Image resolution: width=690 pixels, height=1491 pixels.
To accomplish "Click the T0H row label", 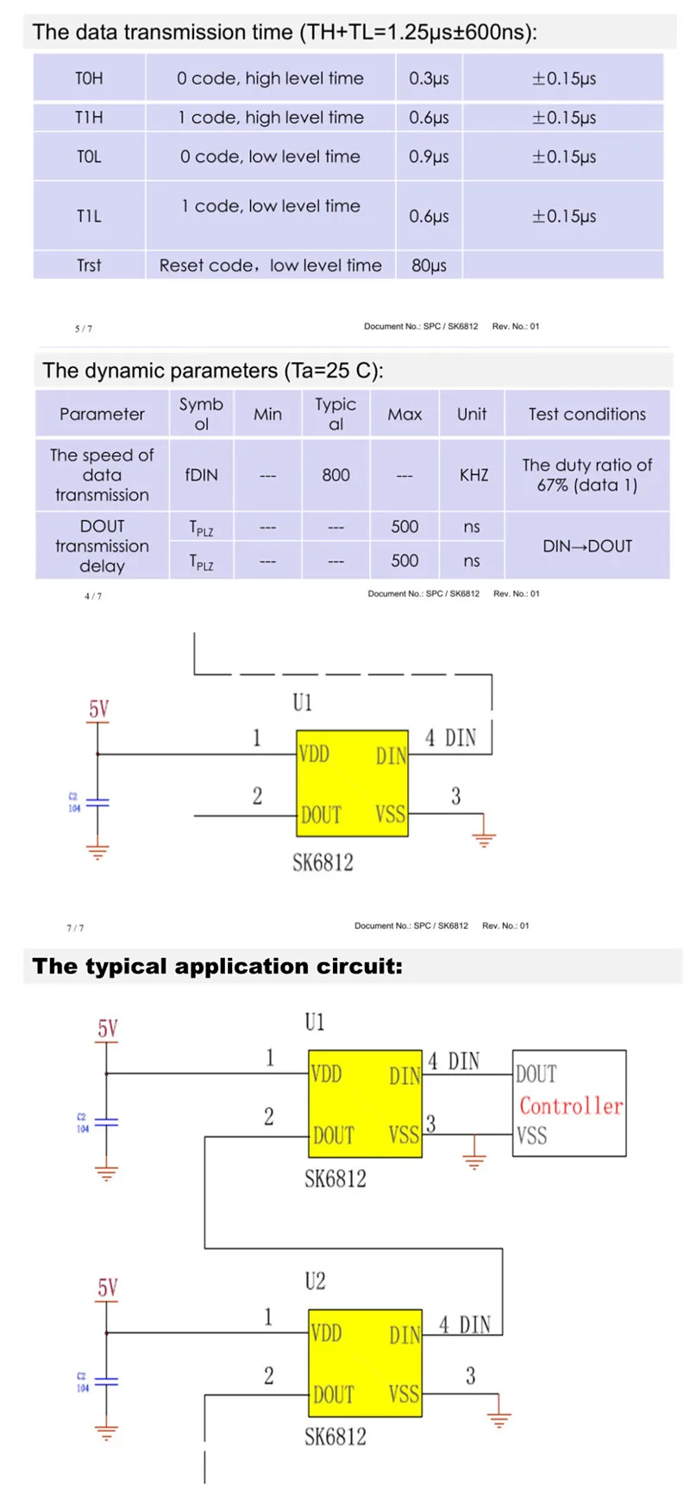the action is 89,78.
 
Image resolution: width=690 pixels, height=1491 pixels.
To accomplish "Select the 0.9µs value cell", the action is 429,157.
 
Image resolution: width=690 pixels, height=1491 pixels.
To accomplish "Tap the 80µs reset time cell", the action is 429,266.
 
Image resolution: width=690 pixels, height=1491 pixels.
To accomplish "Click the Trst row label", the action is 89,266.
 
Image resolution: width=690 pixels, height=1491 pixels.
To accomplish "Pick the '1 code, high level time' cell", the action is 271,117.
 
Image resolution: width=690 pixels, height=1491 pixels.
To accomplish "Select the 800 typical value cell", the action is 336,475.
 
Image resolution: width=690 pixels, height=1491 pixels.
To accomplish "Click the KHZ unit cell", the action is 473,475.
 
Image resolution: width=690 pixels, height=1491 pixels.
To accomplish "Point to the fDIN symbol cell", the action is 201,475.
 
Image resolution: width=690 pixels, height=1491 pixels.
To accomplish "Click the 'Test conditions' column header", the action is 586,414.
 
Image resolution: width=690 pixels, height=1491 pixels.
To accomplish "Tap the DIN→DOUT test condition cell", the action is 586,546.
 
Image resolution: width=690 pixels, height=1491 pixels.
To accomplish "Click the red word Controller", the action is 570,1106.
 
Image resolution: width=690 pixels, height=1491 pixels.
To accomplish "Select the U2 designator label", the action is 315,1281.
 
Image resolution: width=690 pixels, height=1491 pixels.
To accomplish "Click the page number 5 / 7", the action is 84,329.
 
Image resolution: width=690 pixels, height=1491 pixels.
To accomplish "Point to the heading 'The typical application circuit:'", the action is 217,966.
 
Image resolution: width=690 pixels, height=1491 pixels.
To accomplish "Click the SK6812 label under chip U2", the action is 335,1437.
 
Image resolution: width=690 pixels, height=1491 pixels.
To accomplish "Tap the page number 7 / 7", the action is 75,928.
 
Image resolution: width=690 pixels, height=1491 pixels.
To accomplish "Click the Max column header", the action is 405,414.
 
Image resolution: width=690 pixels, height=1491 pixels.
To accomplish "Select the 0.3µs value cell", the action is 429,78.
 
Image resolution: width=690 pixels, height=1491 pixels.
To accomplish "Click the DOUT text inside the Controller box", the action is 536,1074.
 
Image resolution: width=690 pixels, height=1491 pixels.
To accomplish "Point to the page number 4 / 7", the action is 92,596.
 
